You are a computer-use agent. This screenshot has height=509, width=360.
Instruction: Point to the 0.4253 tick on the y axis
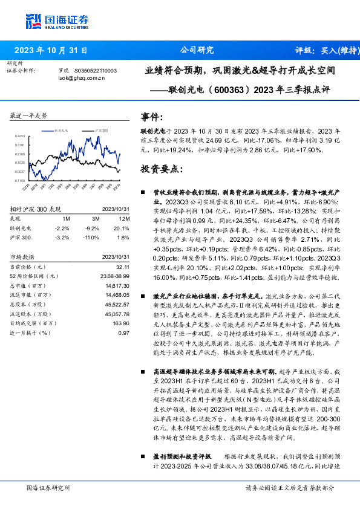click(20, 137)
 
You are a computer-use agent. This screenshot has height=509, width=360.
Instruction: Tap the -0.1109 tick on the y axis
click(19, 180)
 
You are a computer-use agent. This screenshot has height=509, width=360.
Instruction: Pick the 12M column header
click(124, 218)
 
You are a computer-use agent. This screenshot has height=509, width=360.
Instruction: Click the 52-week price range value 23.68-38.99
click(115, 276)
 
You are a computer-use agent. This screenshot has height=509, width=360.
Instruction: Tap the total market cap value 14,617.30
click(117, 285)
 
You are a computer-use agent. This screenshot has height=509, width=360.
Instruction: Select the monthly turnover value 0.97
click(124, 333)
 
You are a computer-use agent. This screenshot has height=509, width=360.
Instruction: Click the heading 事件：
click(152, 117)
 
